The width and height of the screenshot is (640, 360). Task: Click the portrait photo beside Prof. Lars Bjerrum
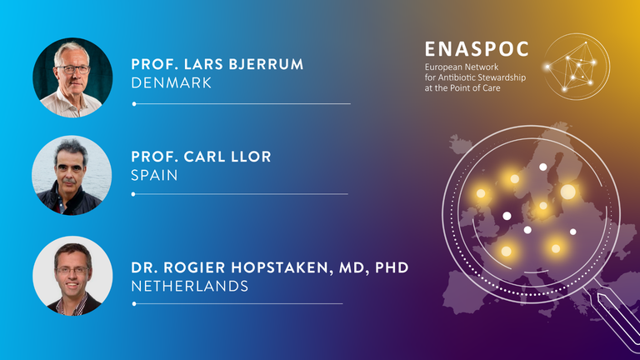click(72, 77)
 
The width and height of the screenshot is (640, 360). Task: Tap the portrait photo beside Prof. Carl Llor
click(72, 176)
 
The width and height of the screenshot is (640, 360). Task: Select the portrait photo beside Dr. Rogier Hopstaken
click(72, 276)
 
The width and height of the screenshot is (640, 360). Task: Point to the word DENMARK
click(172, 82)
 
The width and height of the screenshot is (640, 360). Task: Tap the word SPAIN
click(154, 176)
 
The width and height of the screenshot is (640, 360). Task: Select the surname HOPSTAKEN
click(280, 267)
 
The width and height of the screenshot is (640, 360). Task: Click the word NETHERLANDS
click(190, 286)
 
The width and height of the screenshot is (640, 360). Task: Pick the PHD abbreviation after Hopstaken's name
click(392, 267)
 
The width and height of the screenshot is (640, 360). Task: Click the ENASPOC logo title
click(477, 49)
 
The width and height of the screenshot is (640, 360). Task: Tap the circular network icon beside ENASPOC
click(577, 67)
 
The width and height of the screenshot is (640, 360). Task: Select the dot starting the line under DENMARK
click(134, 104)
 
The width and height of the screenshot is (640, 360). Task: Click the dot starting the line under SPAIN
click(133, 194)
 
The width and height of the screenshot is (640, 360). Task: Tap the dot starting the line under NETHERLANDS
click(134, 303)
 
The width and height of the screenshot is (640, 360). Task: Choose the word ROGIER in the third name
click(195, 267)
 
